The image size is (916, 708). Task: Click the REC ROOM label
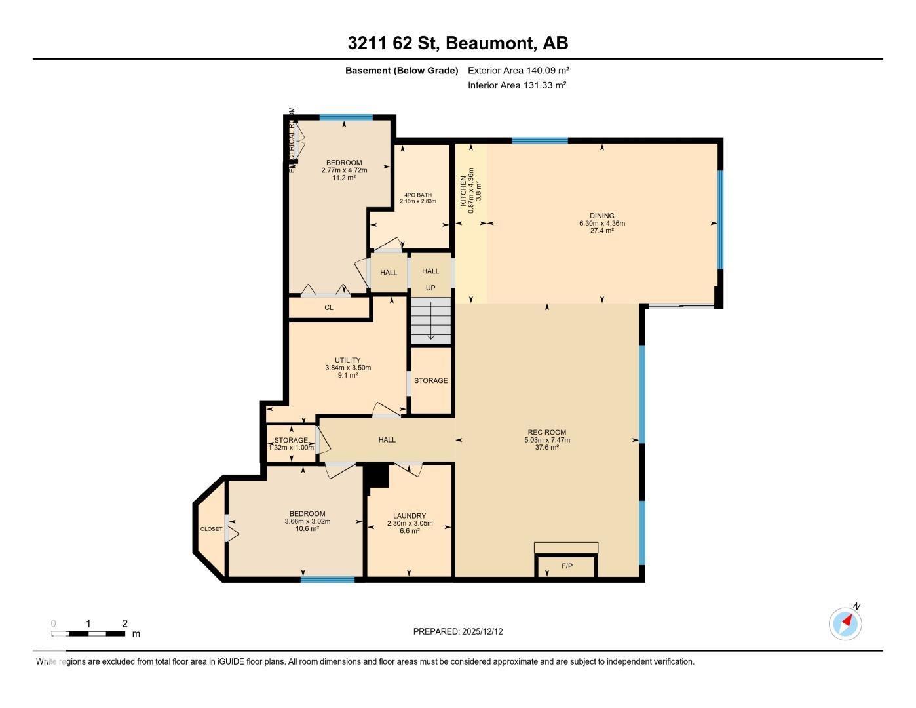(546, 433)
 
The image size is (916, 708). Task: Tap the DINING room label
(601, 216)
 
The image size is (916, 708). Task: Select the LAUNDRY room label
(410, 516)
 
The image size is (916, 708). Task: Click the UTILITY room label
(347, 361)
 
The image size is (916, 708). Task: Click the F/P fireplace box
(567, 566)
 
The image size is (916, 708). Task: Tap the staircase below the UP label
(430, 320)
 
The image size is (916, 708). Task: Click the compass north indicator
(845, 623)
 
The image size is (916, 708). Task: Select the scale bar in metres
(88, 633)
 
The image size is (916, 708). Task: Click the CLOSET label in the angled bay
(211, 529)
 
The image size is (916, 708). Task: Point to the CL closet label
(329, 307)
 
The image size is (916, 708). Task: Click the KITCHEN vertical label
(463, 191)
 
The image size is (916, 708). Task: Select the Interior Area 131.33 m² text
(517, 85)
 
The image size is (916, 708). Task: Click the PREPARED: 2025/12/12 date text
(458, 631)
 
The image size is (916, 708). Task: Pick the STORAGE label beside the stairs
(430, 381)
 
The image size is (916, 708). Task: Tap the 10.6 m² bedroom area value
(307, 529)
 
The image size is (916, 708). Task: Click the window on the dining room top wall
(539, 140)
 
